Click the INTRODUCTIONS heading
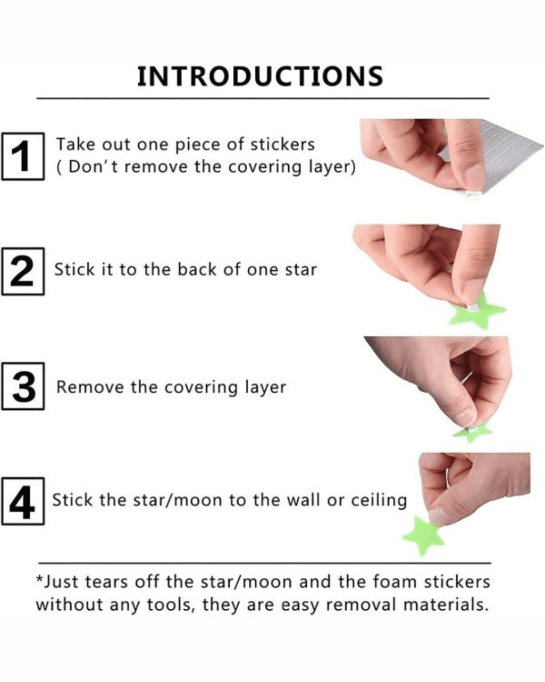click(x=260, y=76)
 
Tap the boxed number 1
click(x=23, y=156)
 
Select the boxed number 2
click(x=23, y=272)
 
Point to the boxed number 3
click(x=23, y=386)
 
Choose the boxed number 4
click(x=23, y=502)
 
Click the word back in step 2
click(x=197, y=270)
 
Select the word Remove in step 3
click(x=90, y=387)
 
